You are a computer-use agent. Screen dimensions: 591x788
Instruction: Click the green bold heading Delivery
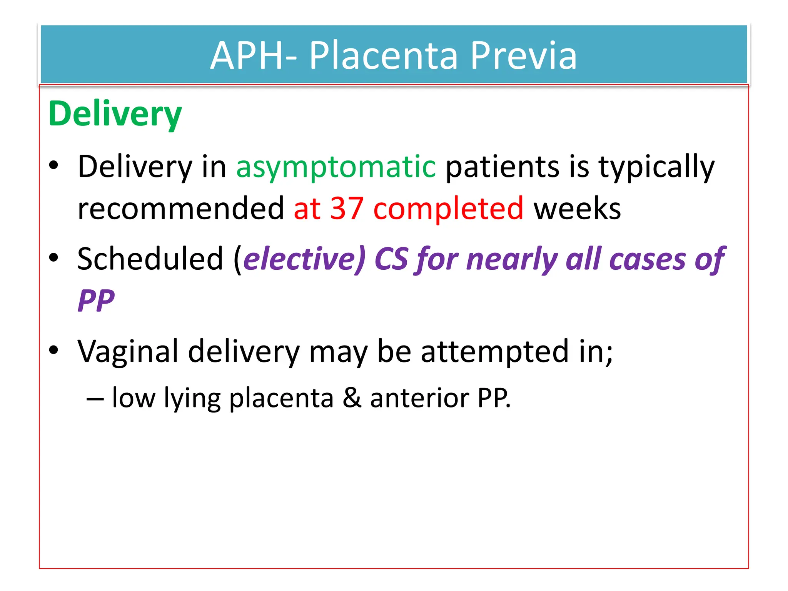(115, 114)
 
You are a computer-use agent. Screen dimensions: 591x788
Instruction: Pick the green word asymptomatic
(336, 167)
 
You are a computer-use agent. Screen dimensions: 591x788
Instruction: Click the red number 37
(347, 208)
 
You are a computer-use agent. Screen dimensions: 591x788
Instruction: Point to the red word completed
(448, 208)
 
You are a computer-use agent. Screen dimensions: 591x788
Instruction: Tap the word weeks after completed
(577, 208)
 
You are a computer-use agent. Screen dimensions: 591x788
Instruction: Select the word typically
(656, 167)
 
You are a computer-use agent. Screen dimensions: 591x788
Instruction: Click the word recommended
(180, 208)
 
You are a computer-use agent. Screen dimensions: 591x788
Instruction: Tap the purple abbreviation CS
(391, 259)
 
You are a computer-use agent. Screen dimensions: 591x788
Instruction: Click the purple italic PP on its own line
(96, 301)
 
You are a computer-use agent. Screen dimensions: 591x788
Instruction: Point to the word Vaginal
(128, 351)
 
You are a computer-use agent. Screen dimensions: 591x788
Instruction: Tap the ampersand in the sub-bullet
(352, 397)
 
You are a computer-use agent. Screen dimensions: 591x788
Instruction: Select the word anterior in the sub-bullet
(419, 397)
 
